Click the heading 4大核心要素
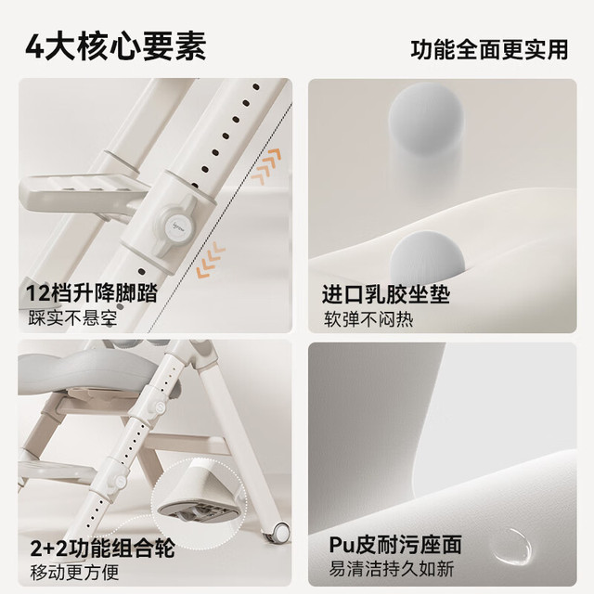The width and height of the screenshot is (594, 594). click(116, 47)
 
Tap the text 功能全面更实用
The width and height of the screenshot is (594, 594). click(489, 49)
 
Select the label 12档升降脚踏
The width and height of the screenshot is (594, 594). click(92, 293)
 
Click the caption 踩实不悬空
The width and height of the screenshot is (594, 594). click(72, 318)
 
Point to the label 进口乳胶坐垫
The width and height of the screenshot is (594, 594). click(386, 294)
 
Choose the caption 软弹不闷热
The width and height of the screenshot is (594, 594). click(368, 319)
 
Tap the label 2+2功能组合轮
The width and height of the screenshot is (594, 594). click(103, 548)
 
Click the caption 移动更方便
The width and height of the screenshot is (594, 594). click(74, 573)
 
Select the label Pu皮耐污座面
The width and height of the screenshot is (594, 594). click(395, 545)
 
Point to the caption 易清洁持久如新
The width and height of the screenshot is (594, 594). click(392, 569)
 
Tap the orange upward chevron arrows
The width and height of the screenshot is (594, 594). click(266, 166)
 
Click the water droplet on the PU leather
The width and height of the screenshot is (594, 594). click(511, 547)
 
